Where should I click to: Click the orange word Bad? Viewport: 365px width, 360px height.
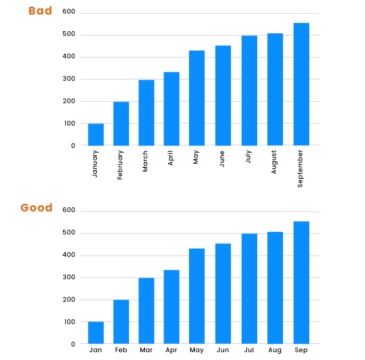40,11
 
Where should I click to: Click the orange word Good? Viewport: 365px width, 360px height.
36,208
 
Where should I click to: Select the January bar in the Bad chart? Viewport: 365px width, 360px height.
96,134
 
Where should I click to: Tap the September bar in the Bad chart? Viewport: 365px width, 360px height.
301,84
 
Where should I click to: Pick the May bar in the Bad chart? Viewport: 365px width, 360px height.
197,98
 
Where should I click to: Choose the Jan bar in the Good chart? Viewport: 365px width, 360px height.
96,332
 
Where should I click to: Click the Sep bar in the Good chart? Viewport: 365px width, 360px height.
301,282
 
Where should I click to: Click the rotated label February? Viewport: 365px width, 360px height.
120,165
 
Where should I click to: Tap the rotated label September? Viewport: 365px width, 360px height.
300,168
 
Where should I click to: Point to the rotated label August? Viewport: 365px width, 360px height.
274,162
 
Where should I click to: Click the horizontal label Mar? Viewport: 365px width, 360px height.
146,350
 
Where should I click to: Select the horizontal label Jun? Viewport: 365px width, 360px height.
223,350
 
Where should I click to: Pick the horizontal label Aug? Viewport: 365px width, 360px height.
275,350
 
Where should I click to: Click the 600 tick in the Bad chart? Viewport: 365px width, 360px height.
69,12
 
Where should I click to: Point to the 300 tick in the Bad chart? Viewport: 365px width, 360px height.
69,79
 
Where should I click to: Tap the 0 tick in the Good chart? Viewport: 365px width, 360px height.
73,344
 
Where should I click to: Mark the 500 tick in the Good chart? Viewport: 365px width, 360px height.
69,233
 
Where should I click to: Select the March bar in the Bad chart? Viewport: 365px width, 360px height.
146,113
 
